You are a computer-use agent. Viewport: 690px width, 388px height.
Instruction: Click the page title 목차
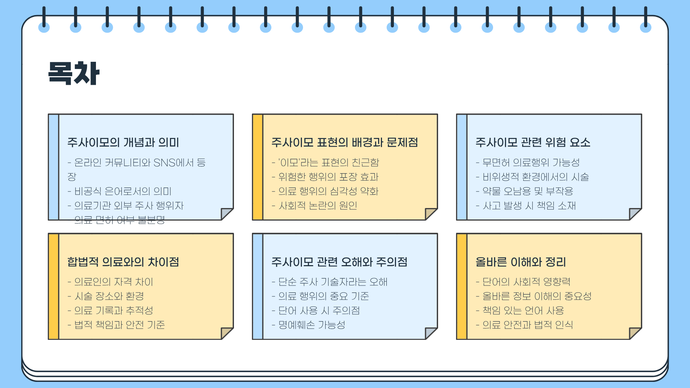74,73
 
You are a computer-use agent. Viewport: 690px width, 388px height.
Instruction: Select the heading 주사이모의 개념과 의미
123,143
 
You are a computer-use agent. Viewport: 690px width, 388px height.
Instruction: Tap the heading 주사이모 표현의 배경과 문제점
344,143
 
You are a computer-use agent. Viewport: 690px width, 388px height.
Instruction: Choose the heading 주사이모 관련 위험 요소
533,143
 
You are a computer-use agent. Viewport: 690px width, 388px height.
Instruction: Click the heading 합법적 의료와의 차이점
123,262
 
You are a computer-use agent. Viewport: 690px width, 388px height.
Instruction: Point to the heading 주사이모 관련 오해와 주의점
339,262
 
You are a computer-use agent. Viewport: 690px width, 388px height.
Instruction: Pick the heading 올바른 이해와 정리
520,262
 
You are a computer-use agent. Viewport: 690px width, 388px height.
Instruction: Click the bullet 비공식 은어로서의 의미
123,191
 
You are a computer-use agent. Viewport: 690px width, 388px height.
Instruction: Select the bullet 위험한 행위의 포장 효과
328,177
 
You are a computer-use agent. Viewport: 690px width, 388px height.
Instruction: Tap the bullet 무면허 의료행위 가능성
531,162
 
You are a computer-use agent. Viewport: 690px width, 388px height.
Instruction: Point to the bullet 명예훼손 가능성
312,325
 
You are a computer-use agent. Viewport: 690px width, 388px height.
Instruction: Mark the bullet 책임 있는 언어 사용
523,310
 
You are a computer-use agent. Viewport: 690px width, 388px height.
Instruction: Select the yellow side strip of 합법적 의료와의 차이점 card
54,286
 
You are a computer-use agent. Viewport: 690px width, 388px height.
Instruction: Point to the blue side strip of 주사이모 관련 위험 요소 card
462,167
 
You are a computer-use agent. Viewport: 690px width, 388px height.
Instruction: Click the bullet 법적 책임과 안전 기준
119,325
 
